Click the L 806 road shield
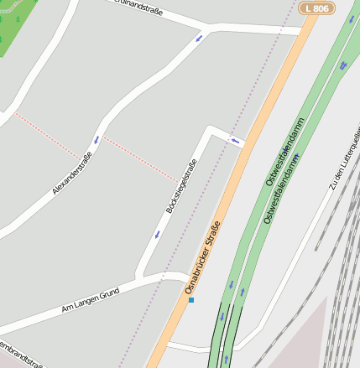[316, 8]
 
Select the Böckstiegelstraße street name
[181, 186]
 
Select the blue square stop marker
[191, 299]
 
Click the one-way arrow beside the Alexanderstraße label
[97, 139]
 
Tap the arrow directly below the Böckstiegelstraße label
[157, 235]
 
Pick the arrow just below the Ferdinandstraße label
[200, 38]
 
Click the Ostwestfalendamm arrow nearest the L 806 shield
[342, 65]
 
